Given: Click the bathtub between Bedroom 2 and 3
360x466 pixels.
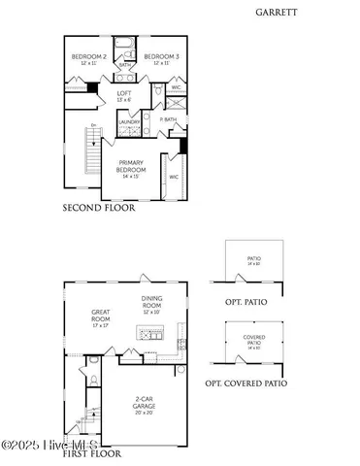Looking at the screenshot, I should [x=123, y=44].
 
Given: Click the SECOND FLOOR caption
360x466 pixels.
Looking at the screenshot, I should [x=99, y=208].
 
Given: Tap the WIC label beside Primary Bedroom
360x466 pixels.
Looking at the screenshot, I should [x=174, y=177].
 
